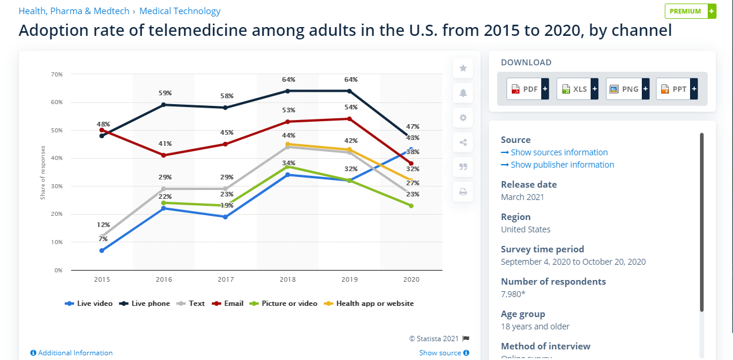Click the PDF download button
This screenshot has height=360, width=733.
point(527,89)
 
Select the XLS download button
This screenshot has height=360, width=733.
point(577,89)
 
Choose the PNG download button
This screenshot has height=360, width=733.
point(627,89)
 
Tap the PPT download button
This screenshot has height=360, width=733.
point(677,89)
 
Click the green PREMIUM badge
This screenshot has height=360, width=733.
point(690,11)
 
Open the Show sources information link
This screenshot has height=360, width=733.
point(554,152)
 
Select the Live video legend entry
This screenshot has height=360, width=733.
point(89,304)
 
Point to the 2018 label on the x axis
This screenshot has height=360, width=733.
point(287,279)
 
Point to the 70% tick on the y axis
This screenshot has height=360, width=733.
point(57,74)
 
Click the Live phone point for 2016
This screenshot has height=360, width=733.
point(164,105)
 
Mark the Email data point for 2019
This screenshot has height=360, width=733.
point(349,119)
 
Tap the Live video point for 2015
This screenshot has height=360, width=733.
point(102,251)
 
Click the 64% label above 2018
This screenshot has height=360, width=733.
point(288,79)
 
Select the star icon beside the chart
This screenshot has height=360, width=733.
point(463,68)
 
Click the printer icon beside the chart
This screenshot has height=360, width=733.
point(463,192)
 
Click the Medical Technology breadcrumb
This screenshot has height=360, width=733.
point(180,11)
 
